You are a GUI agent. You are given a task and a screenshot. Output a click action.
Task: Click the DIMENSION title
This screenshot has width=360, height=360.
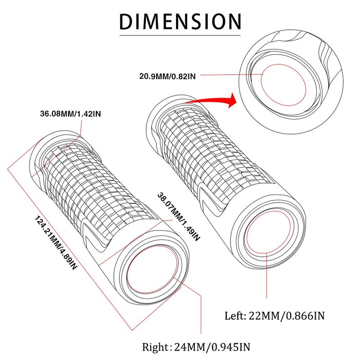click(x=180, y=21)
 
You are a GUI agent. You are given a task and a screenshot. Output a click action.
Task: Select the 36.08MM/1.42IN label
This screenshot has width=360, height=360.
click(x=70, y=113)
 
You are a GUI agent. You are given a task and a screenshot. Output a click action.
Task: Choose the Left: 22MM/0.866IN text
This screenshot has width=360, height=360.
click(x=274, y=315)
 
